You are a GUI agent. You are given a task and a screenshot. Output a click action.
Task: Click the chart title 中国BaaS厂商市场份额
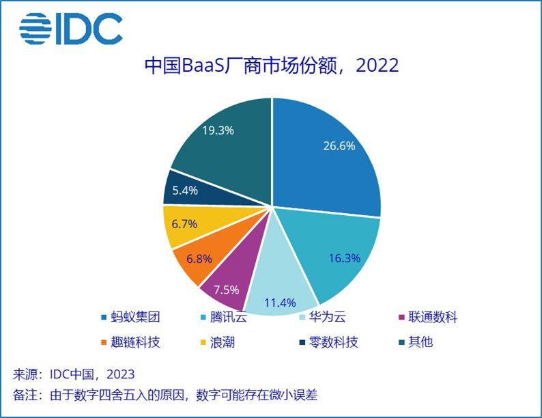click(x=271, y=66)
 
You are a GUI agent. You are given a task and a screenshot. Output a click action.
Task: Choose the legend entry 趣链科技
click(x=130, y=342)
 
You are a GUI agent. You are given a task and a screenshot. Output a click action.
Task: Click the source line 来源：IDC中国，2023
click(x=74, y=374)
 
